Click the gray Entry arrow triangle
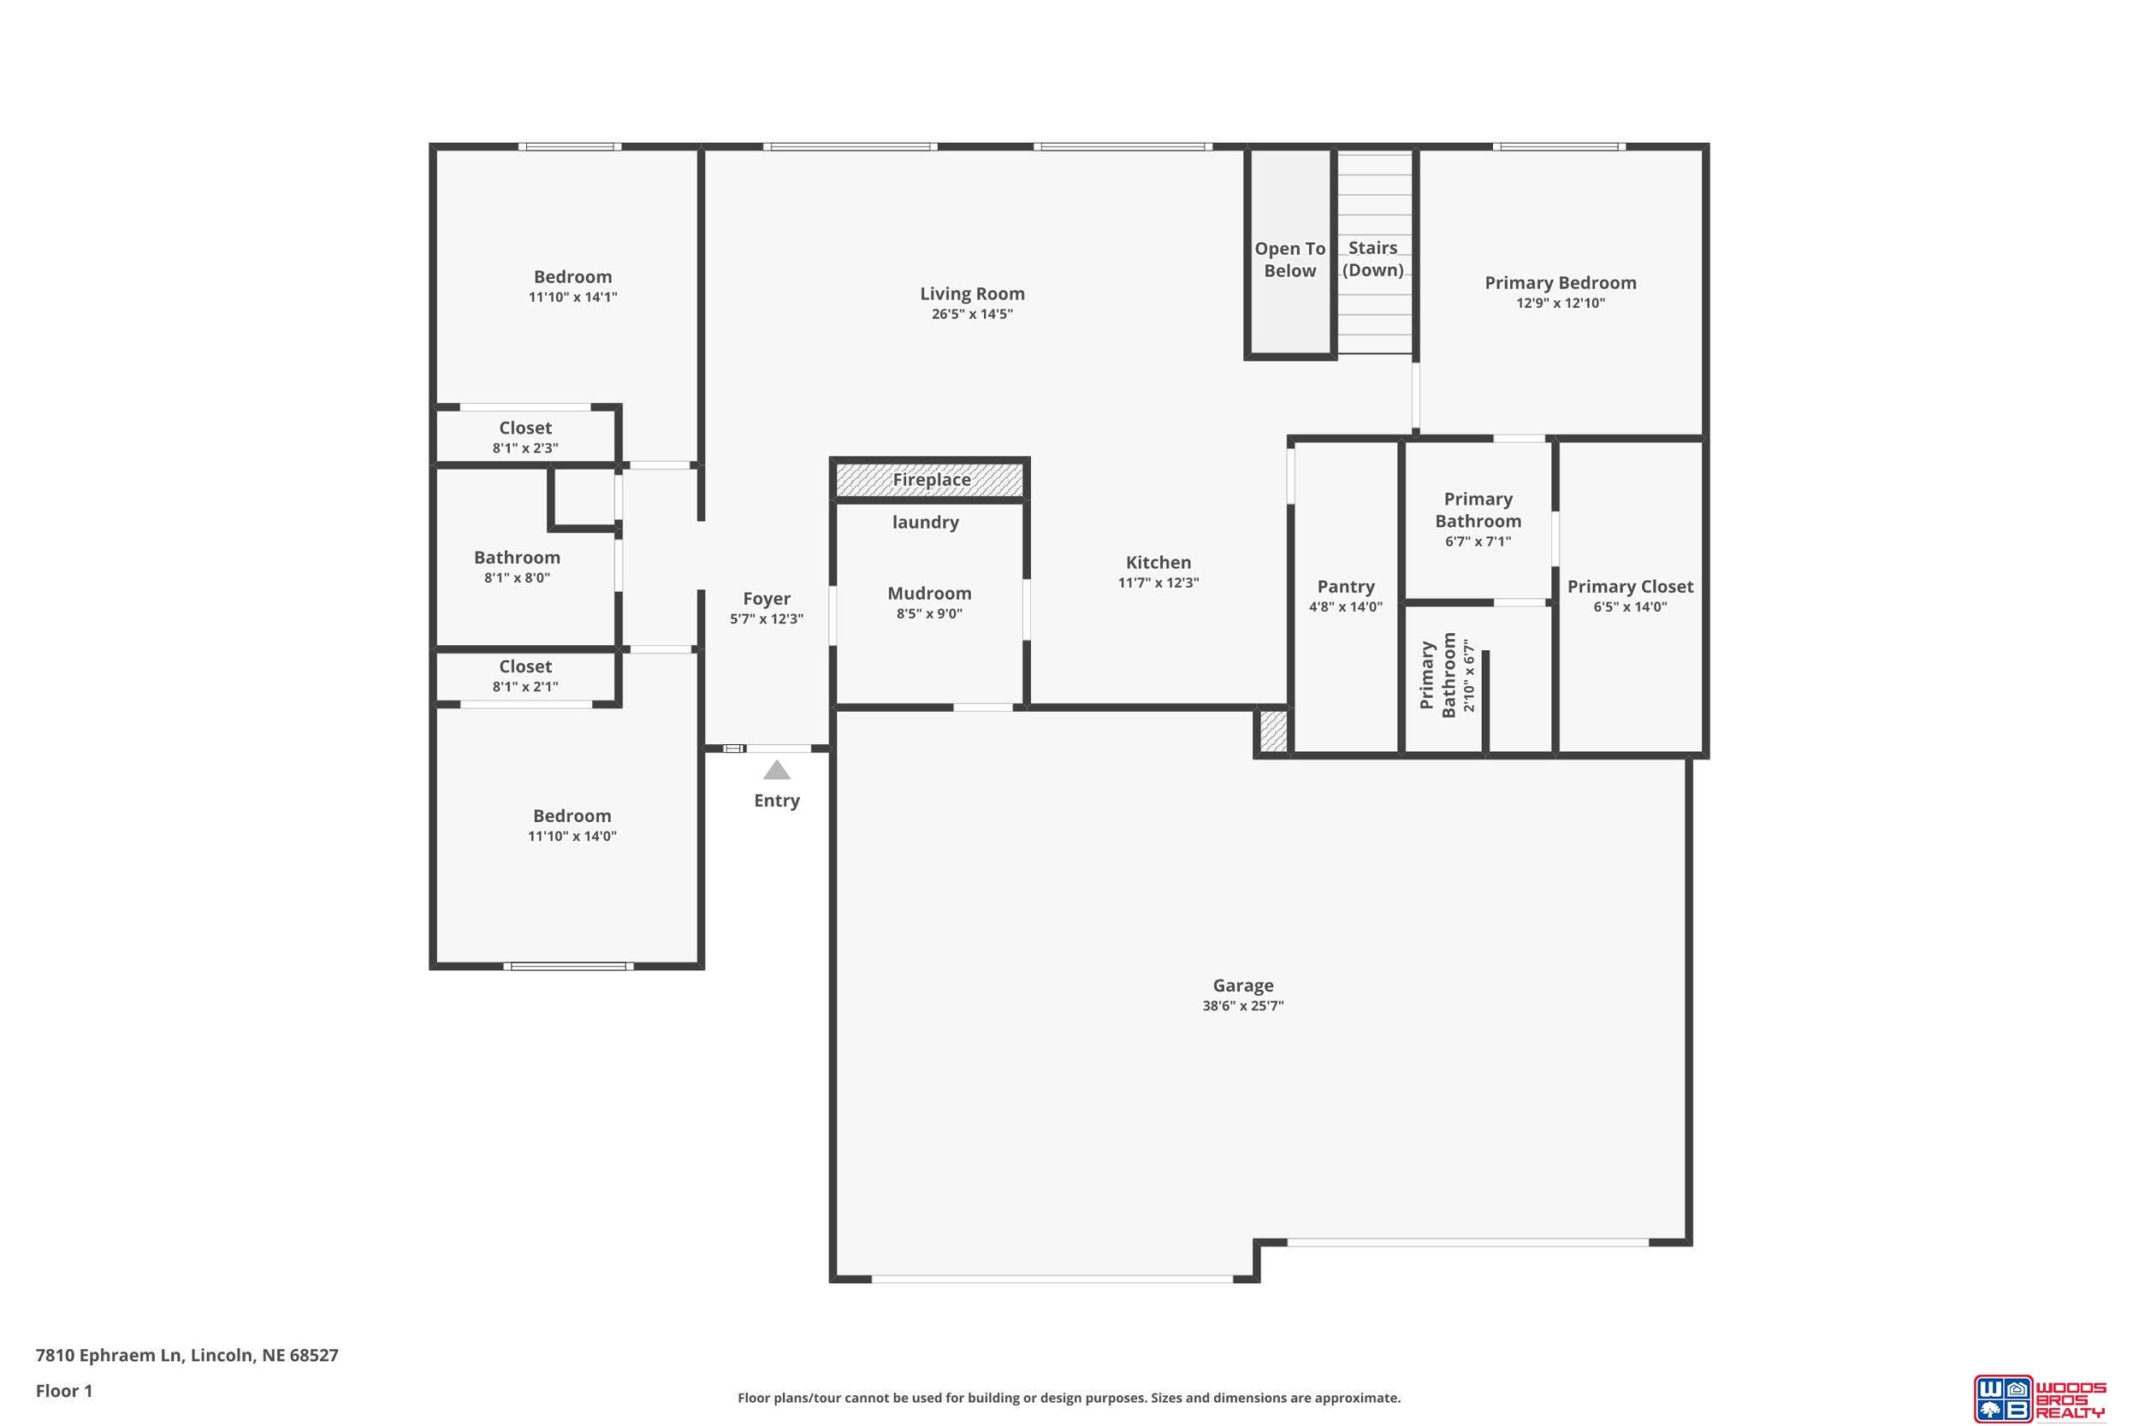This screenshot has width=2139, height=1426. [x=776, y=770]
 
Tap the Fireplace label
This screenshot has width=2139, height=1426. [x=931, y=479]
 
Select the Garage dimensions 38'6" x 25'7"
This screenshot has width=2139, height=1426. [x=1242, y=1006]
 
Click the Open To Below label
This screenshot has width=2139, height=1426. [x=1289, y=259]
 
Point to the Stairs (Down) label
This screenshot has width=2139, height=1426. [x=1372, y=258]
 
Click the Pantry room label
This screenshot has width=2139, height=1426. [x=1345, y=587]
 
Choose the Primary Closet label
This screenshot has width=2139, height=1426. [x=1630, y=587]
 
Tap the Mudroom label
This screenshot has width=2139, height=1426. [x=929, y=593]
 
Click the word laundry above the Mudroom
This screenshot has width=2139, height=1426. [x=925, y=522]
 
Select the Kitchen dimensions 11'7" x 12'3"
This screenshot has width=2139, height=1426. [x=1158, y=583]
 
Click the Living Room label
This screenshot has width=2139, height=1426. [x=971, y=293]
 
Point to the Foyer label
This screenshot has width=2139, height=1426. [x=766, y=599]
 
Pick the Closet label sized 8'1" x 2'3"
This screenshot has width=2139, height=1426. [x=524, y=428]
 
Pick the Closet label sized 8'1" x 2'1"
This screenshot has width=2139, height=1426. [x=524, y=666]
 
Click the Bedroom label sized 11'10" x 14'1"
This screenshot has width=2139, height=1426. [x=572, y=276]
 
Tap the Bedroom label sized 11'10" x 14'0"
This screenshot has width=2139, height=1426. [x=572, y=816]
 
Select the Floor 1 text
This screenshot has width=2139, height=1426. [x=63, y=1391]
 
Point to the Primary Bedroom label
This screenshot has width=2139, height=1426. [x=1560, y=283]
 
